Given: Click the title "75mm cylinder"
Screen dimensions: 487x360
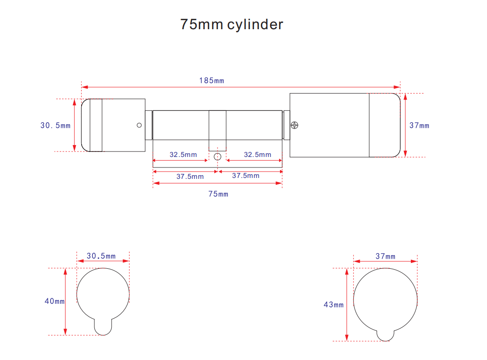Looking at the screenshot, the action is [232, 25].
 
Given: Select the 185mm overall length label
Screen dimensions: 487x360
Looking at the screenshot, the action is [212, 81].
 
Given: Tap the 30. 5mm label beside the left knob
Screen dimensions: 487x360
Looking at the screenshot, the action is [55, 125].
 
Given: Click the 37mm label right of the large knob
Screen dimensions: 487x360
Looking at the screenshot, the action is [420, 125].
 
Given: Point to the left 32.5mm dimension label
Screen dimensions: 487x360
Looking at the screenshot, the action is [183, 155].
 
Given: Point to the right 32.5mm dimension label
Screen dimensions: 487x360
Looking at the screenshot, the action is [258, 155].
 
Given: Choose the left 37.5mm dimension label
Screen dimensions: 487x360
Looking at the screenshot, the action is [190, 177].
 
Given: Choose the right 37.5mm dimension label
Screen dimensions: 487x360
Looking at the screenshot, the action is [246, 176].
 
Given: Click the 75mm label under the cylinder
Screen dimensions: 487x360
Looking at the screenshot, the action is [218, 194].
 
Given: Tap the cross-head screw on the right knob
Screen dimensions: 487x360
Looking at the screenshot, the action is [295, 125].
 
